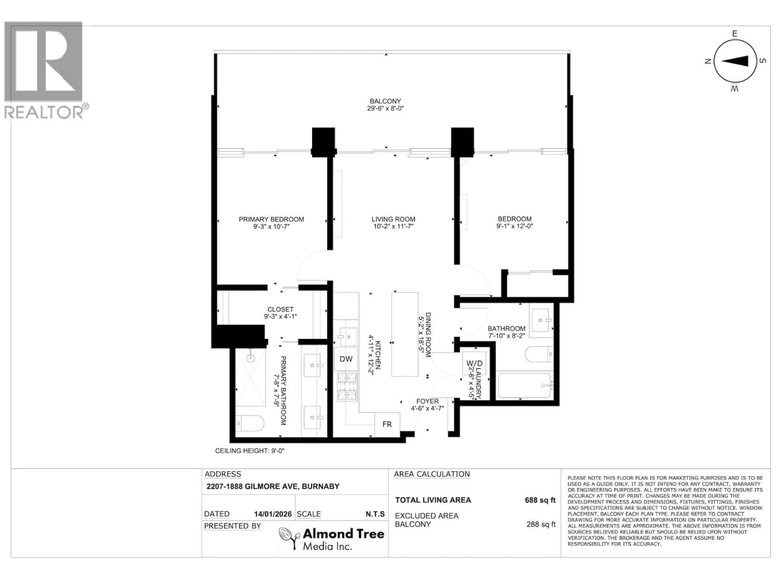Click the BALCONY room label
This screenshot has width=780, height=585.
385,101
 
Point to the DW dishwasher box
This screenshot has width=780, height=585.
346,359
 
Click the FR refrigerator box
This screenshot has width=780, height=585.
387,424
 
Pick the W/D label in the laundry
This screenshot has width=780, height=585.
474,363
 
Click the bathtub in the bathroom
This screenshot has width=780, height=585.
524,385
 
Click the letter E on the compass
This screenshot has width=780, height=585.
734,34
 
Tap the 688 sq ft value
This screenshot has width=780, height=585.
540,500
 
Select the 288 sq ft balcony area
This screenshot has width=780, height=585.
541,524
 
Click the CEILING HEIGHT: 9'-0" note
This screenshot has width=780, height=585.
250,451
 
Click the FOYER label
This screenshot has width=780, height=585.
427,401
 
